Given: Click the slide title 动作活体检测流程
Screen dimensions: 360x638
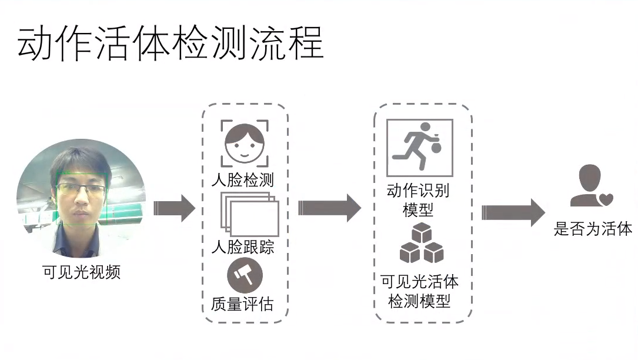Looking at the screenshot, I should click(x=171, y=43).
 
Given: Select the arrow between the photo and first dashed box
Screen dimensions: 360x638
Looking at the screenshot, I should click(x=173, y=208).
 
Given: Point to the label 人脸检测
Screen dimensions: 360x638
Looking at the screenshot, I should click(x=242, y=179).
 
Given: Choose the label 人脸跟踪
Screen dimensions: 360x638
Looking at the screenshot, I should click(x=242, y=246).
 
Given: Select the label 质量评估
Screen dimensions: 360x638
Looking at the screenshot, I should click(x=242, y=305).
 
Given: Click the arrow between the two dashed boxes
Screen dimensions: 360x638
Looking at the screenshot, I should click(x=329, y=208).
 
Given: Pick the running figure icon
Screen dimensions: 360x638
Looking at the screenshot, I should click(x=419, y=148).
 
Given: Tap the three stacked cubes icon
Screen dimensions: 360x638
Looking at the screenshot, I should click(x=421, y=245).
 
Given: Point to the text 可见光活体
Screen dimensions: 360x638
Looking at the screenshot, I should click(x=419, y=282).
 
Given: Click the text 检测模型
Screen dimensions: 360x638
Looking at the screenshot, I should click(x=419, y=301).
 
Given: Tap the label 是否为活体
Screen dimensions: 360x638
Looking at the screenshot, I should click(x=593, y=229).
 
